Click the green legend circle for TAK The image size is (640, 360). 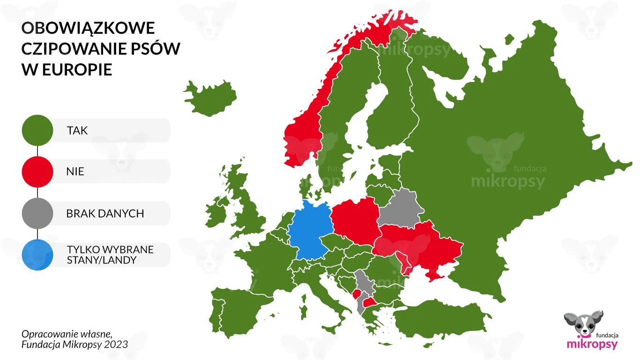coord(37,130)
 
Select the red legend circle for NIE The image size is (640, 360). coord(37,172)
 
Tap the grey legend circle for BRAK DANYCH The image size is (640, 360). coord(37,213)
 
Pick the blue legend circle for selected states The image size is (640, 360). coord(37,255)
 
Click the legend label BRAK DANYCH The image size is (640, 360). coord(105,214)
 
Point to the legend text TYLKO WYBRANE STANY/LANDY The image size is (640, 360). coord(110,255)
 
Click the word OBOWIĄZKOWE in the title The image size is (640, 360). coord(88,28)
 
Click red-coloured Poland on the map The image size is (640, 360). coord(355,220)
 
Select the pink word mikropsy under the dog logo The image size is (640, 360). coord(592,344)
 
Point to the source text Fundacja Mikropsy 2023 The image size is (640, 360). coord(74,345)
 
